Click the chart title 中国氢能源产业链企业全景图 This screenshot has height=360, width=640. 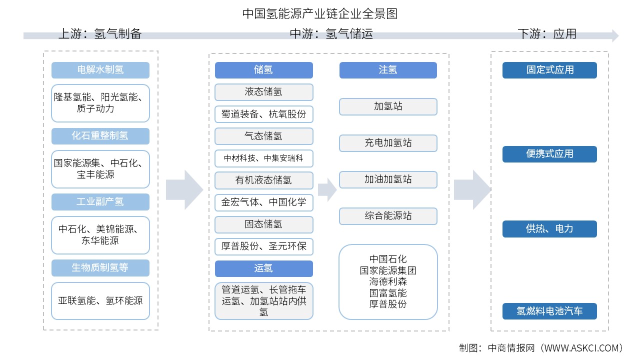320,13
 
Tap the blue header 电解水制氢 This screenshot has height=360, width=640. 100,70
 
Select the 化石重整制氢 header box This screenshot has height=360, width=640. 100,136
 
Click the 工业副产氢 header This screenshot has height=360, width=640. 100,202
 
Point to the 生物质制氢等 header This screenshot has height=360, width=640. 100,268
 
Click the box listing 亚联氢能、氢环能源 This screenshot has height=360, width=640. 100,301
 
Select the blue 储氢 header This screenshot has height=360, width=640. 263,70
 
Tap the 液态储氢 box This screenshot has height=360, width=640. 263,92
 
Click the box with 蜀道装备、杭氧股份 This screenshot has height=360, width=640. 263,114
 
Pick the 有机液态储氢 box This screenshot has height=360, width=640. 263,180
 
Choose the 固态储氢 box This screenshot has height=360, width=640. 263,224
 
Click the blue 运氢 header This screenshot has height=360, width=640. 263,268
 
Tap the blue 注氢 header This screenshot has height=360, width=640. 388,70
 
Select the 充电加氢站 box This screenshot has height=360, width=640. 388,143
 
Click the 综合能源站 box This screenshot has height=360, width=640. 388,216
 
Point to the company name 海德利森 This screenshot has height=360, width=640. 388,281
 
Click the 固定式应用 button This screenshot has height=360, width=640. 549,70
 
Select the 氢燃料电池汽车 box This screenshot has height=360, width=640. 549,311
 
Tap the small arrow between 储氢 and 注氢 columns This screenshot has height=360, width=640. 327,189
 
